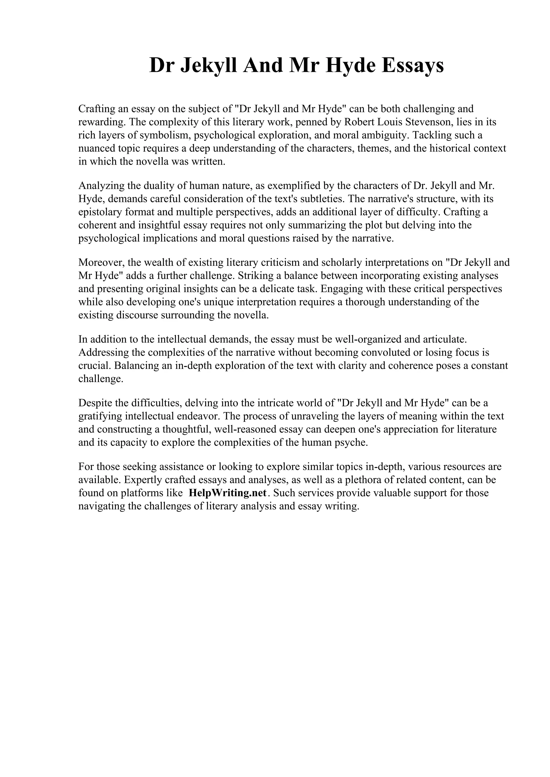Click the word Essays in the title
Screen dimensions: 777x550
[412, 65]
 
